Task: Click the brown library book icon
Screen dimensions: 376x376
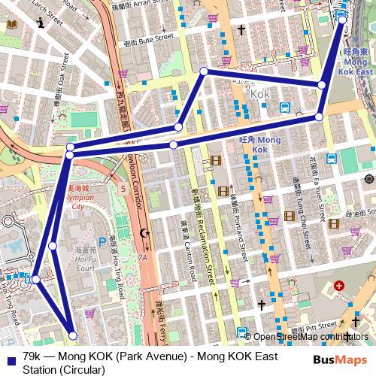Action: click(x=11, y=25)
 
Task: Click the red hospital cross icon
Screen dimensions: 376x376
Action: click(x=339, y=287)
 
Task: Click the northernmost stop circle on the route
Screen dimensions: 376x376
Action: click(x=343, y=19)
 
